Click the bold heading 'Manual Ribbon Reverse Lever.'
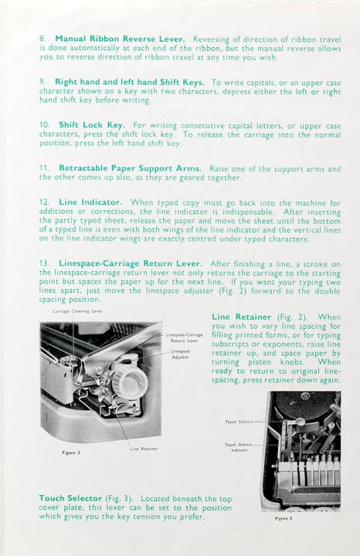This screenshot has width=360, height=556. [120, 39]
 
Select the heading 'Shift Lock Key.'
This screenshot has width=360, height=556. [92, 125]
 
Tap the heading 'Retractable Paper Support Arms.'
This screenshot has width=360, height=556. [130, 168]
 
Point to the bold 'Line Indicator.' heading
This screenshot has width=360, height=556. [90, 202]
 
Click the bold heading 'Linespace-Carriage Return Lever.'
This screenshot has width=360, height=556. [131, 264]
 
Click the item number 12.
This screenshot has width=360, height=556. [44, 202]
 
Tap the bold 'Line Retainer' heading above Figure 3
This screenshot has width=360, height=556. [242, 317]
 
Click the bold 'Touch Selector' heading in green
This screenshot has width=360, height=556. [70, 499]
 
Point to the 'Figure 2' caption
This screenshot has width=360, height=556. [71, 453]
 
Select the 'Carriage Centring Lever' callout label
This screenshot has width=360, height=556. [78, 311]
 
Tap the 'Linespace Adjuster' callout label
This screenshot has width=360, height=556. [180, 354]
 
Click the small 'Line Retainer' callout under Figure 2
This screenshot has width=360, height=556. [144, 449]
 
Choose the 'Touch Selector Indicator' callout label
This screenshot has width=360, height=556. [239, 447]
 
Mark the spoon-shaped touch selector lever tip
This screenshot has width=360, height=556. [300, 422]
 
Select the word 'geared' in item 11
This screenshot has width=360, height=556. [193, 178]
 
